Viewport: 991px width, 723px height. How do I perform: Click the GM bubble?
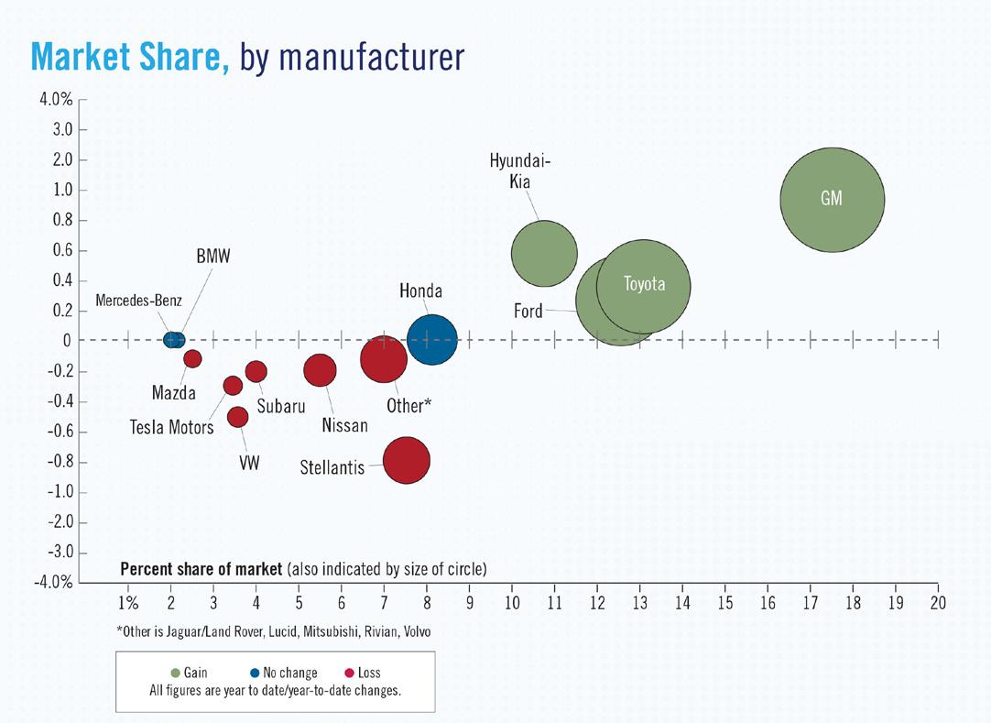[832, 199]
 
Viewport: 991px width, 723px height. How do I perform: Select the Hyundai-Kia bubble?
[544, 254]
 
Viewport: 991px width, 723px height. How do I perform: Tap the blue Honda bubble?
[431, 339]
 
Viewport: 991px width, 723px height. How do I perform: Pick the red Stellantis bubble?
[407, 461]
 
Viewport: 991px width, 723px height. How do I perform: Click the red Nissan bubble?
[320, 370]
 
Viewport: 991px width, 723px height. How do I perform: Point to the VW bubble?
[237, 417]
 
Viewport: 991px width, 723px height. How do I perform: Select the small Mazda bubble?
[192, 358]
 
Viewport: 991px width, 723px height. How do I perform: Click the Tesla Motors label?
[171, 427]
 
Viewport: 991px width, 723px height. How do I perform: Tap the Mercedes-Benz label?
[138, 301]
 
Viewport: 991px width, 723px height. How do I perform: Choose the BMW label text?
[213, 257]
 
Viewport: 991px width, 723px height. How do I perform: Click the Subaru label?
[281, 406]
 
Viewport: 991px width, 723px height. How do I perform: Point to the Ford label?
[528, 312]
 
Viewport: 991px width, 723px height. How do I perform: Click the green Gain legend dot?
[176, 673]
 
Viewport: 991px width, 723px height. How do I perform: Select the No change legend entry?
[283, 673]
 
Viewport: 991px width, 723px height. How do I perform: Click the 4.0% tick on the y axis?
[56, 99]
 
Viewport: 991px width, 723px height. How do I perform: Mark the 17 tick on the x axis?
[810, 603]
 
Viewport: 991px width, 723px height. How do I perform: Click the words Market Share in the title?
[130, 57]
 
